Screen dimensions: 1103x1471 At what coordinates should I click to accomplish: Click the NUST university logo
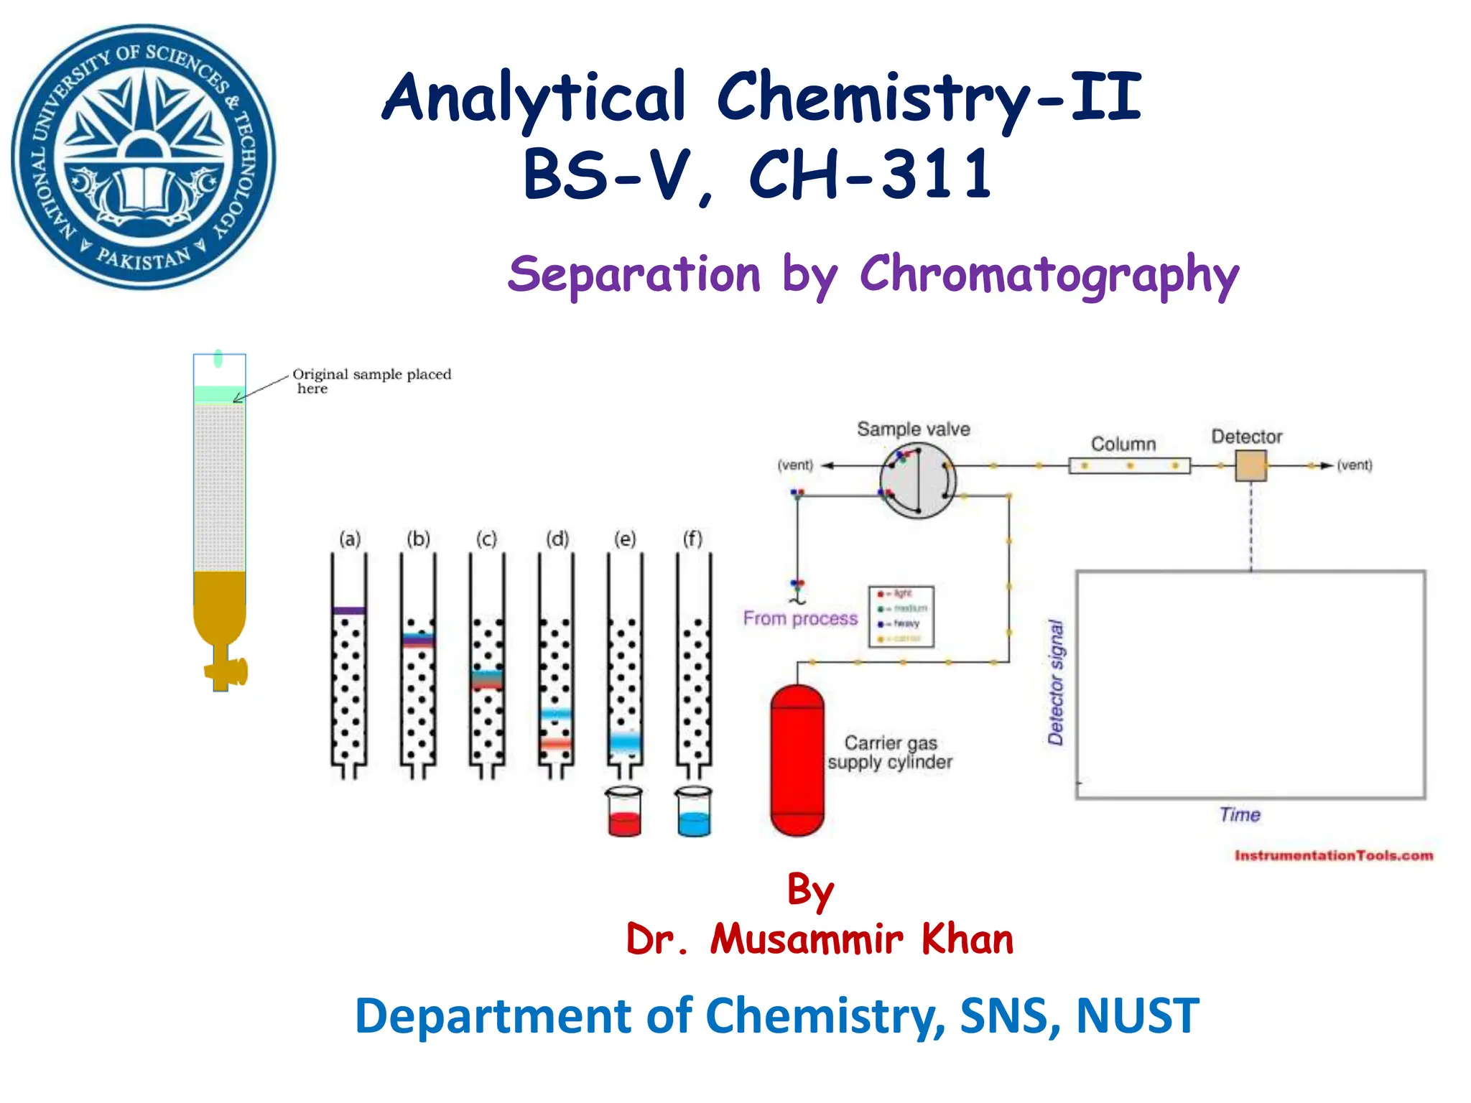[144, 157]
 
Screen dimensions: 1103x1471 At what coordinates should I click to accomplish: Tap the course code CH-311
[870, 174]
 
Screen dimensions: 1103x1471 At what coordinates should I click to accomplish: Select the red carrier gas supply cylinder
[797, 760]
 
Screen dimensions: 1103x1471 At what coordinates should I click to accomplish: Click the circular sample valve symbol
[918, 480]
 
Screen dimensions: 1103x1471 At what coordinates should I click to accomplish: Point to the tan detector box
[1250, 465]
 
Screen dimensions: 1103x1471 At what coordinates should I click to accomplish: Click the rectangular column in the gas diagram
[1129, 466]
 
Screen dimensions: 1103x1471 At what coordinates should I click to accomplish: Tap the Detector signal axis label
[1055, 681]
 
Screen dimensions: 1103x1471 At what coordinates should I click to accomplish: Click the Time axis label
[1240, 814]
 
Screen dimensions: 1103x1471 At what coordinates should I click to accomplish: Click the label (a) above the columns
[350, 539]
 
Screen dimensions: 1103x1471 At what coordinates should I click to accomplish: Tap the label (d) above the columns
[557, 539]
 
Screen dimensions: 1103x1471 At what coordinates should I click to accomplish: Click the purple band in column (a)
[349, 611]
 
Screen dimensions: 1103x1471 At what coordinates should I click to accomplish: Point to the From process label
[800, 618]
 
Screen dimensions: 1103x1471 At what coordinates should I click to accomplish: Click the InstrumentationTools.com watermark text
[1334, 855]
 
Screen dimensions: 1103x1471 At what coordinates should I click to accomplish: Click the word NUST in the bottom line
[1137, 1015]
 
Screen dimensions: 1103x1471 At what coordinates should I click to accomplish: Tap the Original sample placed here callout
[371, 381]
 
